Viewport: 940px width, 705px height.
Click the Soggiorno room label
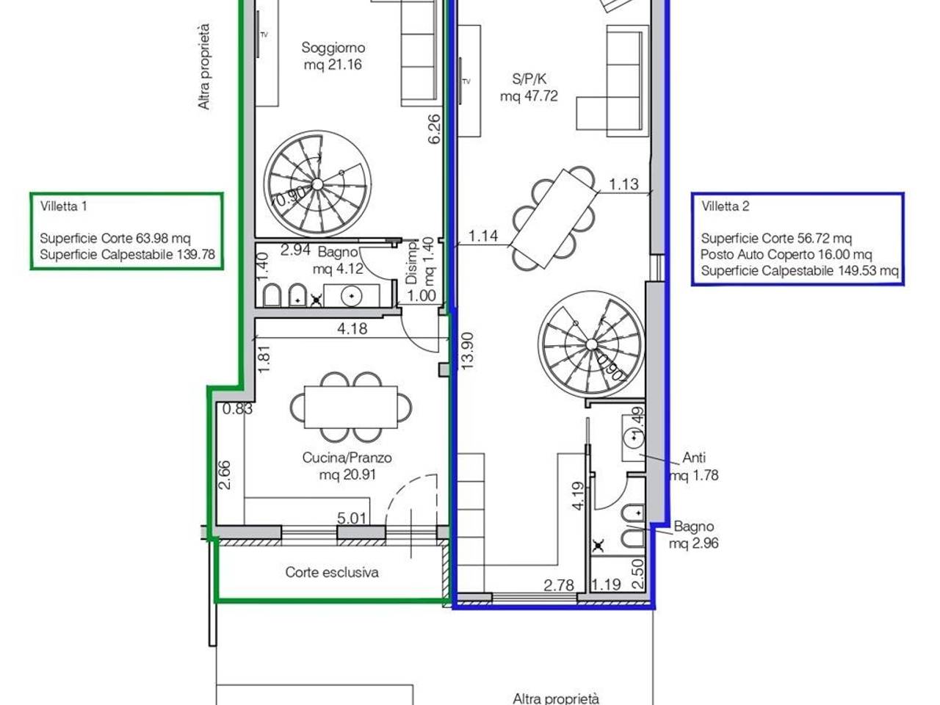[x=333, y=48]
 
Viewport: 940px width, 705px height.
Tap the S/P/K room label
[x=529, y=79]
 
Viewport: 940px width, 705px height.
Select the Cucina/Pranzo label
[x=347, y=458]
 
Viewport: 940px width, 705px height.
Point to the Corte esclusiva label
[x=332, y=572]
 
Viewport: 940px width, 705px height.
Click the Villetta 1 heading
[x=64, y=206]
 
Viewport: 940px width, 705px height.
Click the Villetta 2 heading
[x=726, y=206]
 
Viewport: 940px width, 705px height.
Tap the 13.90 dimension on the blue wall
[x=467, y=351]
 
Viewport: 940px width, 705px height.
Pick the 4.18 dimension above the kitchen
[x=352, y=329]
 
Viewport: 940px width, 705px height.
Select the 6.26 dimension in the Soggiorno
[x=434, y=129]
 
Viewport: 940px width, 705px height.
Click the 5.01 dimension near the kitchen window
[x=352, y=518]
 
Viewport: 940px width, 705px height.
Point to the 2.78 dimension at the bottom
[x=559, y=585]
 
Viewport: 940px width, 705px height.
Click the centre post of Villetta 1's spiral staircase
[x=317, y=184]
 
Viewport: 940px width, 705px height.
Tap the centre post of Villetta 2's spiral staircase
[x=591, y=344]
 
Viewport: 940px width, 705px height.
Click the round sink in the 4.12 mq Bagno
[x=352, y=296]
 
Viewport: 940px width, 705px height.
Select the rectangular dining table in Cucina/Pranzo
[x=351, y=407]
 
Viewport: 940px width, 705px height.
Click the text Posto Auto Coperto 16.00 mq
[x=786, y=255]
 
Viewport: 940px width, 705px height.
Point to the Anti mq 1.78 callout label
[x=694, y=466]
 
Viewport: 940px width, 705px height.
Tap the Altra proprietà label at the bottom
[x=556, y=698]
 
